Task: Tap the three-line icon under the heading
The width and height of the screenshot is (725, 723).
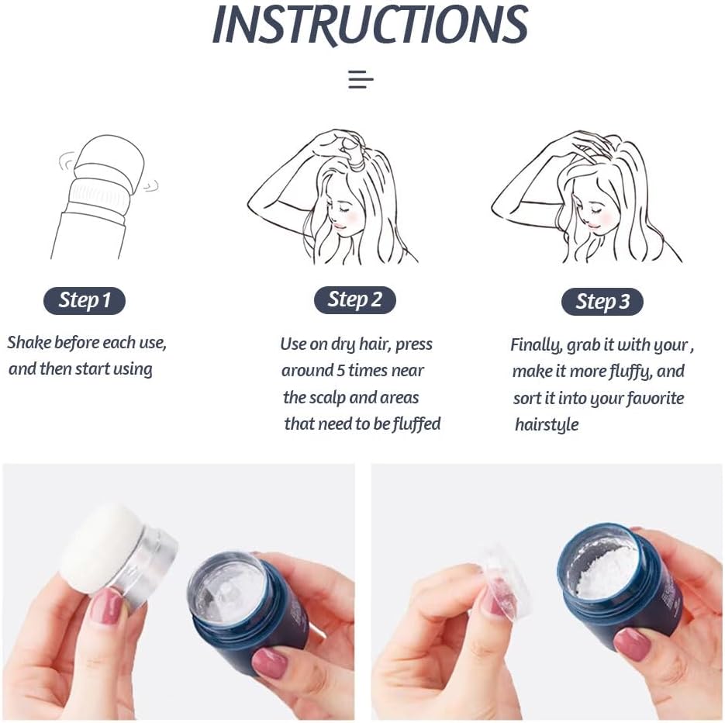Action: point(361,80)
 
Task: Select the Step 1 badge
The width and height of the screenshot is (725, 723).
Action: point(85,301)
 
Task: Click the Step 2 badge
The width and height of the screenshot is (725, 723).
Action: point(354,299)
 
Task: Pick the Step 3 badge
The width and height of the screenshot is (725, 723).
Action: point(602,302)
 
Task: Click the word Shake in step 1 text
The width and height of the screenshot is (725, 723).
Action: point(29,342)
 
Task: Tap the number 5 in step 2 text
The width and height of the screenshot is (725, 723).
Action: point(341,371)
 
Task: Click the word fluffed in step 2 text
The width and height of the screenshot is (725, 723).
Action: point(416,424)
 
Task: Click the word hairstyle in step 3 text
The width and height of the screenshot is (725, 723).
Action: point(547,424)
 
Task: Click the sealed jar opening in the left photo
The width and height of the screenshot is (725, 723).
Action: point(226,585)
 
